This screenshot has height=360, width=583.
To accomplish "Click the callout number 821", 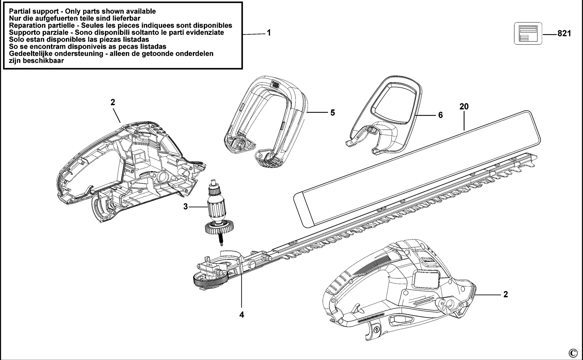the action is click(x=564, y=34).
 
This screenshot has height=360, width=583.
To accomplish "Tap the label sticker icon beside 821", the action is click(x=528, y=34).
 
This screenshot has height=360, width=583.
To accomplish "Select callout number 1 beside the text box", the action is click(x=269, y=33).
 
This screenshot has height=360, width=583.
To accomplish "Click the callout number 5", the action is click(x=333, y=112).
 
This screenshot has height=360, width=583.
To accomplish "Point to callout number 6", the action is click(x=440, y=115).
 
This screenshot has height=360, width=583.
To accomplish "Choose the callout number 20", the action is click(x=464, y=107).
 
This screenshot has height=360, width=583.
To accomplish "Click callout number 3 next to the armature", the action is click(x=185, y=207).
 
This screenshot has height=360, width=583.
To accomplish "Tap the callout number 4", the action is click(x=242, y=315).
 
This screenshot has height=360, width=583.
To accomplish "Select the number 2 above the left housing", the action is click(x=113, y=102).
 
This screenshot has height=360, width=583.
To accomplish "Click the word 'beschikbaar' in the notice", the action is click(x=44, y=61).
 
